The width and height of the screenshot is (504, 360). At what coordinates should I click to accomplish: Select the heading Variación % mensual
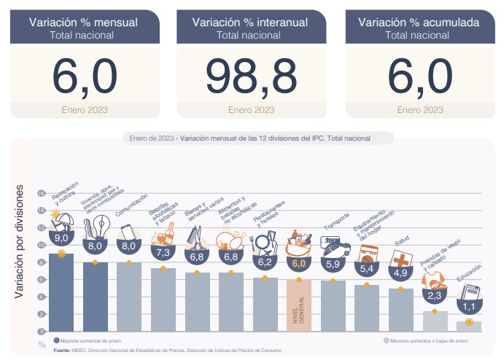coord(83,23)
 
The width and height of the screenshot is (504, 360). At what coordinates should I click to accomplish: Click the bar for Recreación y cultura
coord(61,291)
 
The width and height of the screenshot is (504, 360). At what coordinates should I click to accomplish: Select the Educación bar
coord(469,326)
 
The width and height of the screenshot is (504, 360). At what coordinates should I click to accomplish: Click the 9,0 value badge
coord(61,238)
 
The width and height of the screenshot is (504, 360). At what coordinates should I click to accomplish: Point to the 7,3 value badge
coord(163,252)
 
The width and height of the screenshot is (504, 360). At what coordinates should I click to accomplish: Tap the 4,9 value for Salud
coord(401,273)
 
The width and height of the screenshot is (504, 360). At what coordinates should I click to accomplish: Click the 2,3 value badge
coord(435,296)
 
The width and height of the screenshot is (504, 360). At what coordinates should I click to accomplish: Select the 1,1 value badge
coord(469,307)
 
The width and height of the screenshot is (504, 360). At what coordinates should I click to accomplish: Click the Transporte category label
coord(337,219)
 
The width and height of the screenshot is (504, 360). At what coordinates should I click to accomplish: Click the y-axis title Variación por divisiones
coord(20,241)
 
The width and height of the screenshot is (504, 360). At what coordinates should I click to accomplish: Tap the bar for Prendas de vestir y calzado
coord(435,321)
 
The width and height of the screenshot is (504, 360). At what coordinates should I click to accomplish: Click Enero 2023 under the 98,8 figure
coord(251,110)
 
